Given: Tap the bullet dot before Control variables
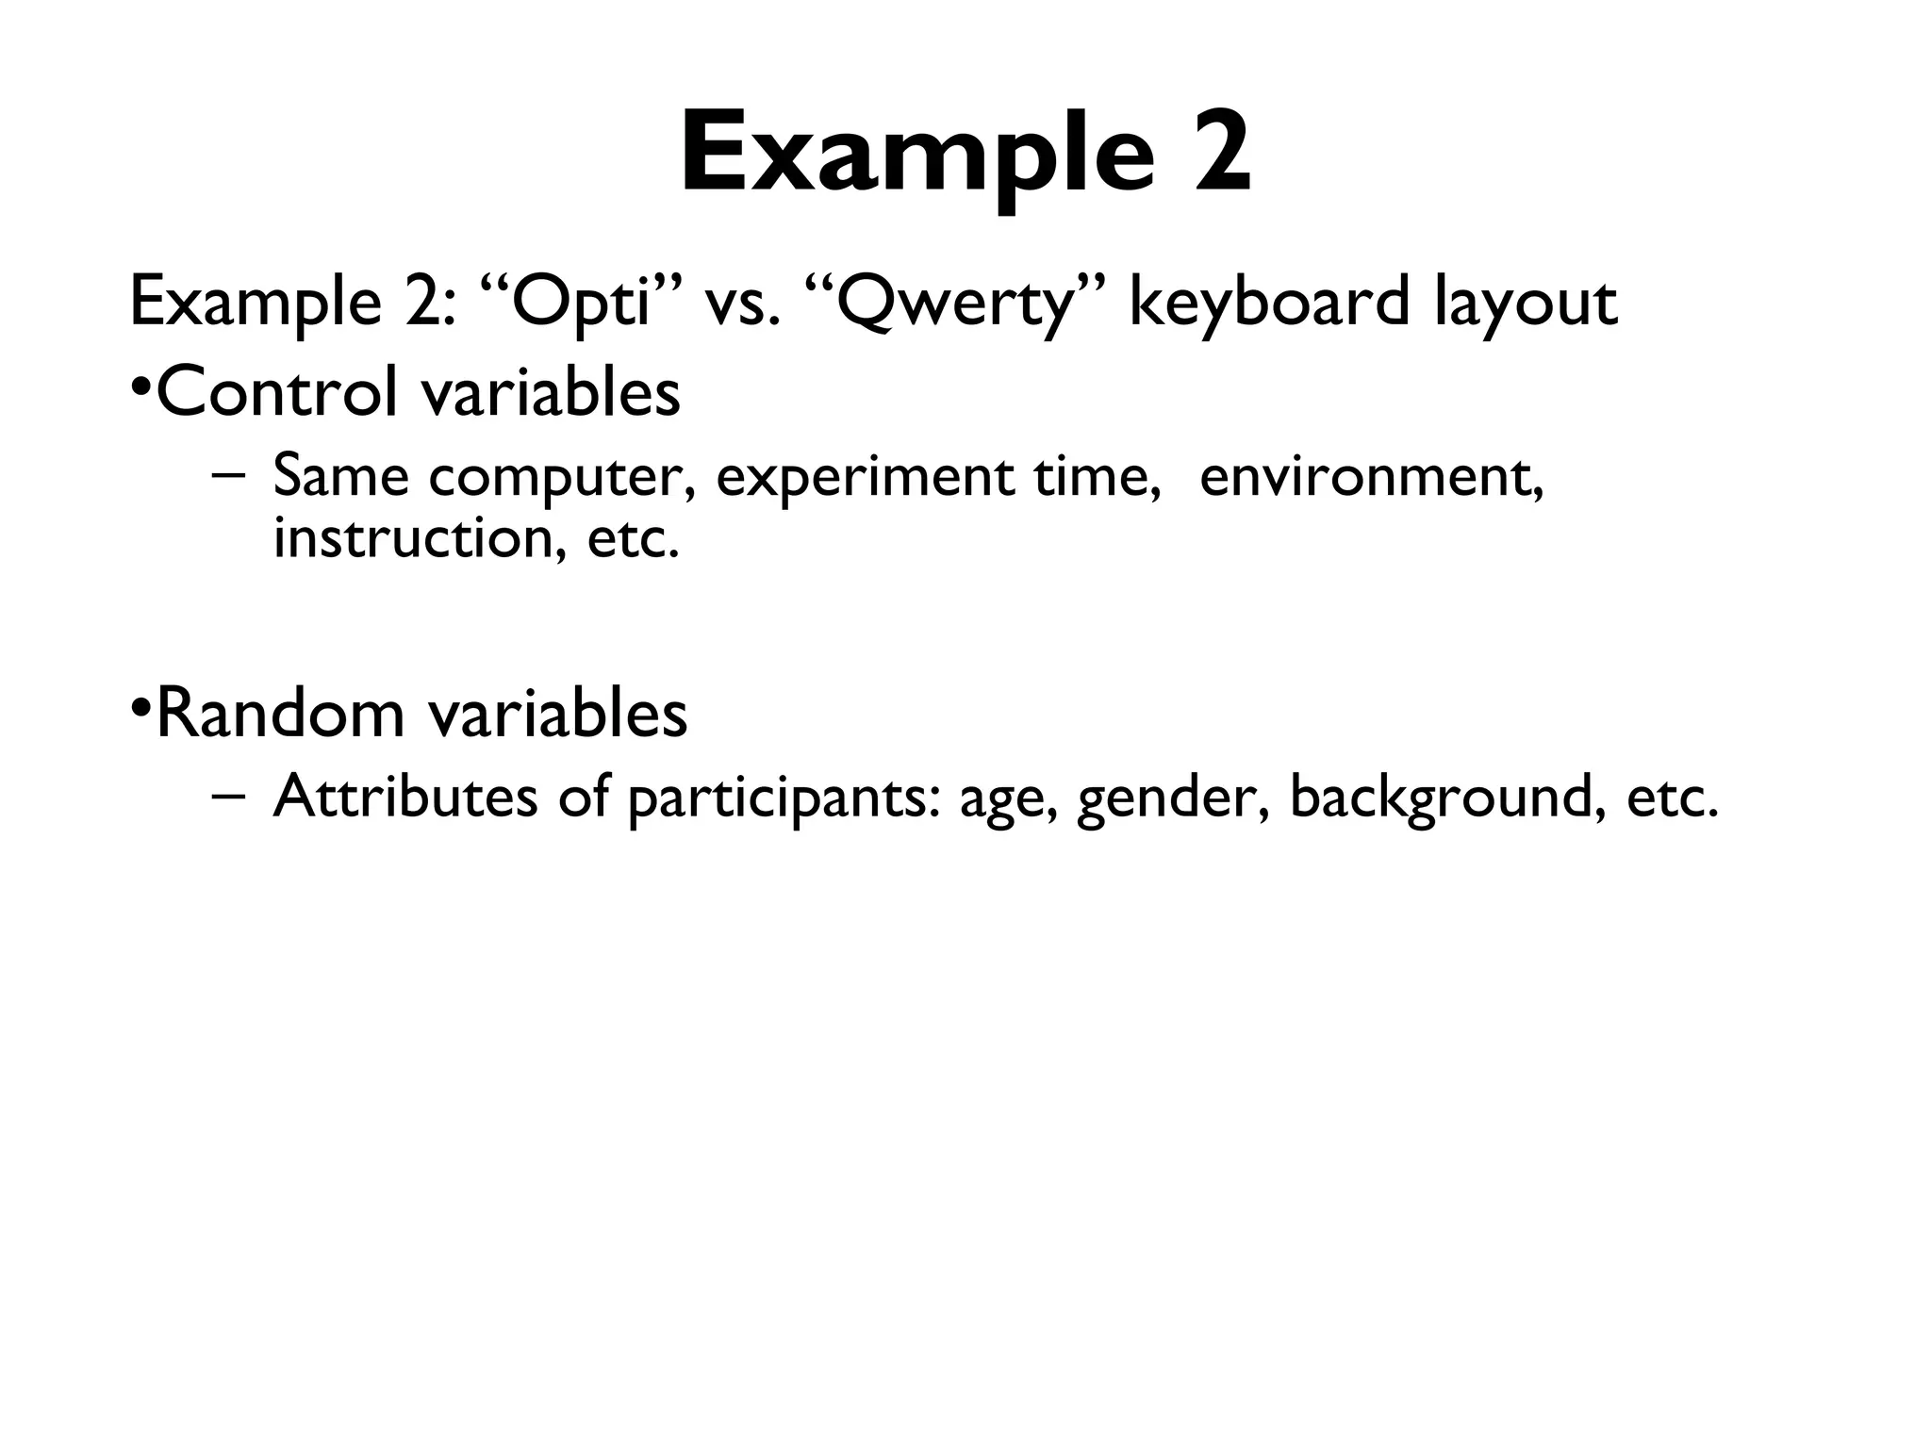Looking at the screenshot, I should coord(140,389).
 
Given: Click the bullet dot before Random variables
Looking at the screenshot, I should coord(140,709).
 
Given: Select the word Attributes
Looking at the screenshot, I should coord(404,797).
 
